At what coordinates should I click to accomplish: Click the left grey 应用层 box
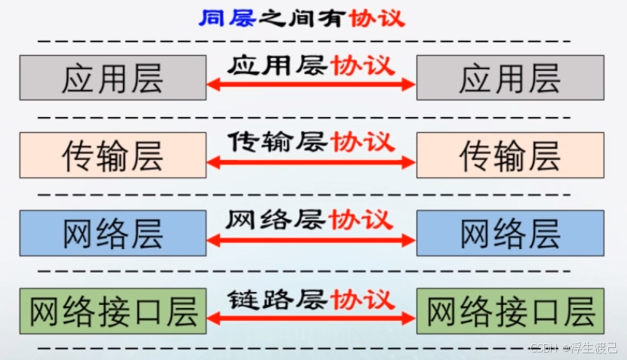(x=112, y=78)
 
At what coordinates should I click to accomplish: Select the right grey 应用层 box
(x=510, y=78)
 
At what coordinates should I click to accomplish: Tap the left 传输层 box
(x=112, y=155)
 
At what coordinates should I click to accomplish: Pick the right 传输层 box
(x=510, y=155)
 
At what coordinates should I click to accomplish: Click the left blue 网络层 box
(x=112, y=233)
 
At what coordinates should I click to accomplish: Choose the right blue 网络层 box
(x=510, y=233)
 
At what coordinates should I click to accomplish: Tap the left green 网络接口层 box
(x=112, y=311)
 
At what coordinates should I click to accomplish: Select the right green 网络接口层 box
(x=510, y=311)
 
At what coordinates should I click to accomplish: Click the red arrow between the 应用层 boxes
(x=311, y=85)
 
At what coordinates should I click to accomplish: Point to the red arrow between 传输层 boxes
(x=311, y=162)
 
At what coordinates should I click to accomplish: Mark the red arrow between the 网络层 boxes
(x=311, y=240)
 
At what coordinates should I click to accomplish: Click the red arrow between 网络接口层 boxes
(x=311, y=318)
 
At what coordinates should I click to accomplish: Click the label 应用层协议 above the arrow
(x=311, y=66)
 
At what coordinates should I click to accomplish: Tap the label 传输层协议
(x=311, y=142)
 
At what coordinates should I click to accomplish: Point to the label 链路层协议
(x=311, y=299)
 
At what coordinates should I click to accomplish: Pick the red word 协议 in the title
(x=377, y=18)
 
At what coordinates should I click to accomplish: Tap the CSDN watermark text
(x=573, y=348)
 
